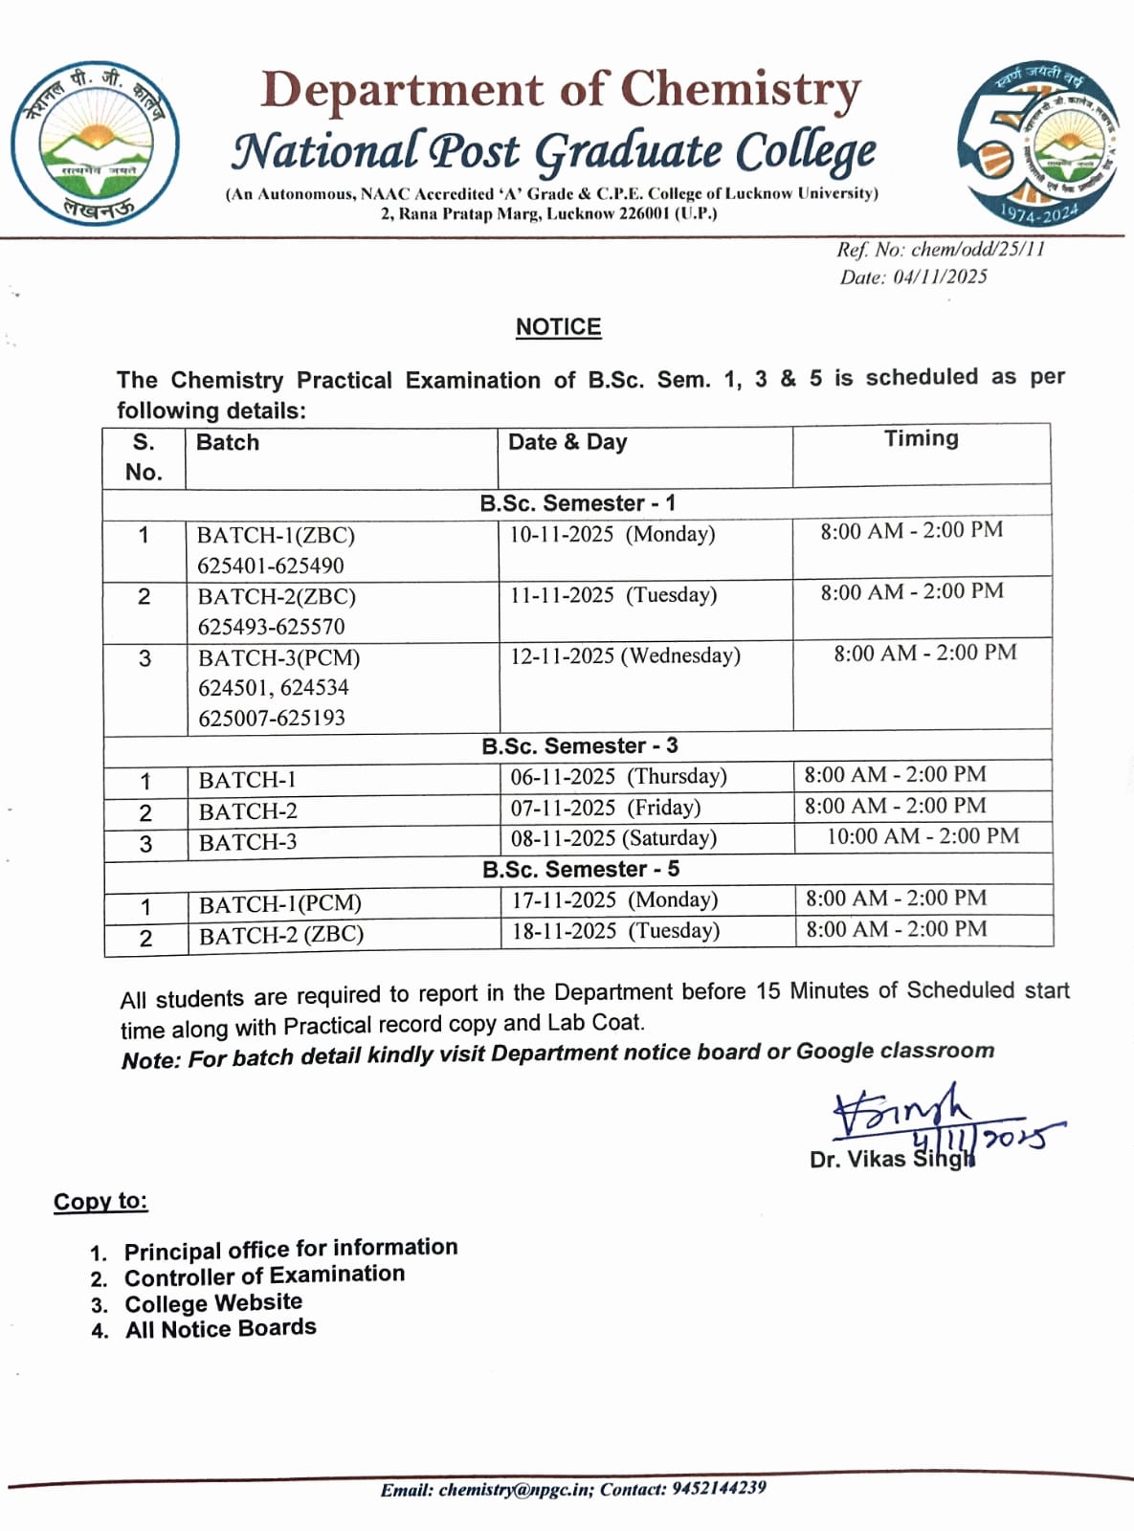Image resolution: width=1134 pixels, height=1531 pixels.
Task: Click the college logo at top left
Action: click(95, 144)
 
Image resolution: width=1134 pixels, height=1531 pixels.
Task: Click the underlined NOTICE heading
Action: click(558, 327)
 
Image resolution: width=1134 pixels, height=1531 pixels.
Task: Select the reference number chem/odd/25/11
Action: click(977, 250)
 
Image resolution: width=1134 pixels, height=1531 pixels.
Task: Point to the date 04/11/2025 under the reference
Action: click(940, 277)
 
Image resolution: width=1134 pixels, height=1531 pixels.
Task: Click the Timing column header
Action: click(921, 439)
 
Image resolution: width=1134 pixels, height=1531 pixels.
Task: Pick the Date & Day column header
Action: click(567, 442)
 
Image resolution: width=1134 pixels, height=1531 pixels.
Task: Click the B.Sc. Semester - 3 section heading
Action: click(579, 746)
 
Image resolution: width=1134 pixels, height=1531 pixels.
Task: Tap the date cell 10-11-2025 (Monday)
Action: click(611, 534)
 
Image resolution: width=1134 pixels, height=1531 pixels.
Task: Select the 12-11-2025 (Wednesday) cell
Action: click(625, 656)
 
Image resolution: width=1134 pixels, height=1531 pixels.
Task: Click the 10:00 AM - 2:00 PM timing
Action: click(923, 836)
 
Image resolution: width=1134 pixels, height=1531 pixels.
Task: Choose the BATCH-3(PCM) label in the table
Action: click(278, 658)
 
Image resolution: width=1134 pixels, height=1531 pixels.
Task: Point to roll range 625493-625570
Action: click(271, 627)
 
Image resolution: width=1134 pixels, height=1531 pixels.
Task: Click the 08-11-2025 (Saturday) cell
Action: click(613, 838)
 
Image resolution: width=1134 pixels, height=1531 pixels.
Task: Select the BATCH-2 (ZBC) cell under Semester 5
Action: click(281, 935)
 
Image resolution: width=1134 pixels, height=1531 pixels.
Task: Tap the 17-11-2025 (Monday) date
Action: click(614, 900)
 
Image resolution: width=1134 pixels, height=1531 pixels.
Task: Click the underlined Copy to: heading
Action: click(100, 1202)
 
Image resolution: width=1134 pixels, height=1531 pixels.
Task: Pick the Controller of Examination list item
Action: click(264, 1276)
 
